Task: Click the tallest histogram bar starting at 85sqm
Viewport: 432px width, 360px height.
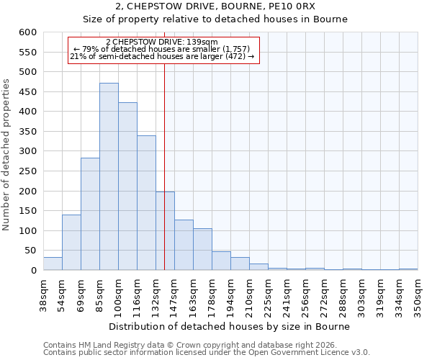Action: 109,176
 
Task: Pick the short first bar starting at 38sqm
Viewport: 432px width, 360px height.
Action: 53,264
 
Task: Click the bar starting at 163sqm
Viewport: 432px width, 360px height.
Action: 202,249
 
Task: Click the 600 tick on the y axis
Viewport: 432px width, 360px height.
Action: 27,32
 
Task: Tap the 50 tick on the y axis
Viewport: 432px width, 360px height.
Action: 30,251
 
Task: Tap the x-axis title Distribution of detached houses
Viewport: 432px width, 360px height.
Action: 230,326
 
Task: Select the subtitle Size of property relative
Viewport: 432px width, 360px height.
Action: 230,19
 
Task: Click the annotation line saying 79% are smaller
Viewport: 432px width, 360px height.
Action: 161,49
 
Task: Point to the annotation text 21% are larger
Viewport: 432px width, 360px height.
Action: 161,56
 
